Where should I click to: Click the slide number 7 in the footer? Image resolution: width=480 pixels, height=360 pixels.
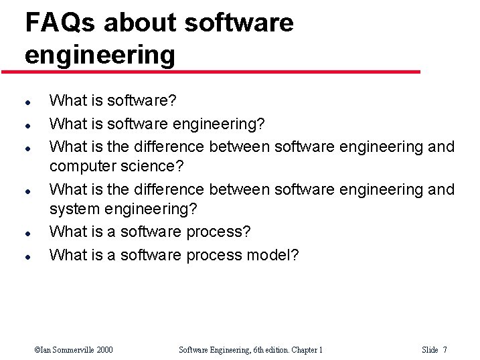click(445, 349)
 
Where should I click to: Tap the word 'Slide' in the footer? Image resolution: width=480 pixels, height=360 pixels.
click(430, 349)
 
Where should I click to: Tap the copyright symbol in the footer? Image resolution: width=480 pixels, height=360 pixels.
click(37, 349)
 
